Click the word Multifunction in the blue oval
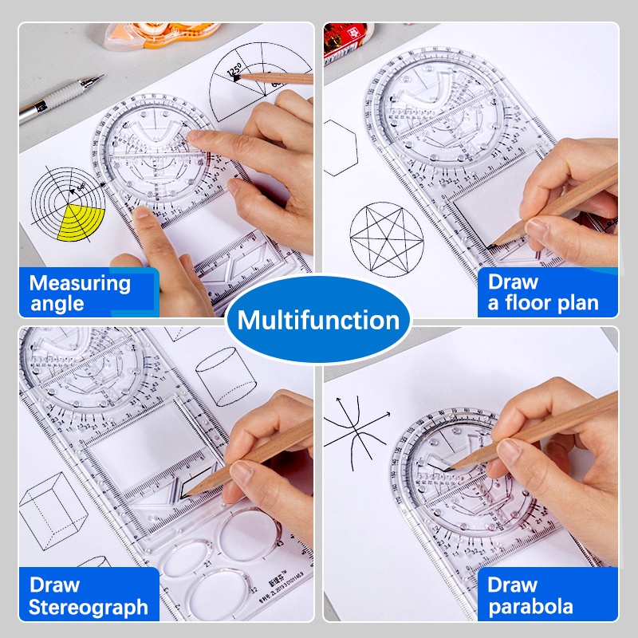click(318, 321)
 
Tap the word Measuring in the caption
click(80, 282)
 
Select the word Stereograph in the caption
click(89, 607)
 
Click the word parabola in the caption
click(530, 607)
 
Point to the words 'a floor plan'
click(543, 304)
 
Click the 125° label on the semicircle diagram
click(234, 72)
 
